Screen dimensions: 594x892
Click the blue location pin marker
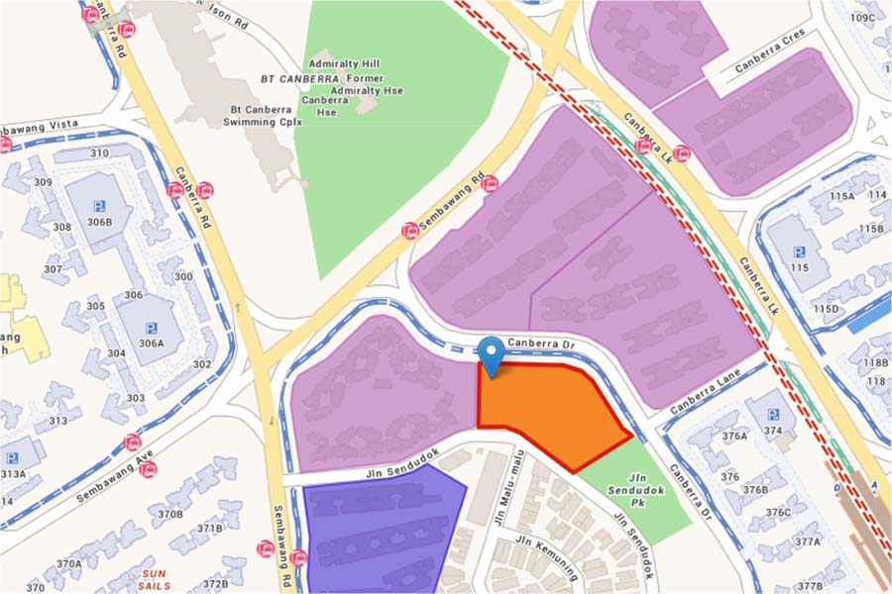[x=491, y=354]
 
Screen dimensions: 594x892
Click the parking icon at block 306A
[x=152, y=328]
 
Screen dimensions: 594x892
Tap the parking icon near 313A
[x=12, y=458]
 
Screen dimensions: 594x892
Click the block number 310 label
[x=99, y=153]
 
